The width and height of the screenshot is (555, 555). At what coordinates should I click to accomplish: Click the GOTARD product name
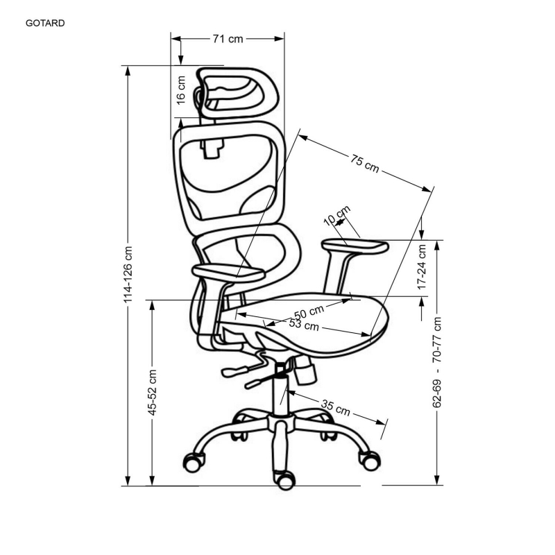[45, 24]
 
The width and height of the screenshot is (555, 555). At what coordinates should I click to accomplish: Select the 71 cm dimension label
[228, 39]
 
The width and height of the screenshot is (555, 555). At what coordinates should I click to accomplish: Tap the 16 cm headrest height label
[181, 90]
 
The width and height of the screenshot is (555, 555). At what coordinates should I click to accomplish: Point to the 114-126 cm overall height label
[128, 275]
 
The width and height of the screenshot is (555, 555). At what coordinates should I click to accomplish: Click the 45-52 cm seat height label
[152, 393]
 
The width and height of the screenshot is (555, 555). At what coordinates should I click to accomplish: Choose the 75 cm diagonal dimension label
[365, 164]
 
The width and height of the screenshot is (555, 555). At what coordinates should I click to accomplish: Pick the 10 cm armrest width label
[337, 215]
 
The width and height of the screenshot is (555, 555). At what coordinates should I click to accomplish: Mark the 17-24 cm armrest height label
[422, 267]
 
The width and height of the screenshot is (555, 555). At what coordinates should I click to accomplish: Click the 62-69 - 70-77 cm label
[437, 362]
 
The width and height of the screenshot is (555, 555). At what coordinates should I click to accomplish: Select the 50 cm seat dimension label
[309, 311]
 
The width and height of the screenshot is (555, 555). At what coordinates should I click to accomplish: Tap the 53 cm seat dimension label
[304, 324]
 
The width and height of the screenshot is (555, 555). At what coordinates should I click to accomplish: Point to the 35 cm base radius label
[336, 407]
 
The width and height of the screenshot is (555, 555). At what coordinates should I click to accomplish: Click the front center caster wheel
[286, 480]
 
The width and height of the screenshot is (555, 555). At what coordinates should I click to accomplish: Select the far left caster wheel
[194, 462]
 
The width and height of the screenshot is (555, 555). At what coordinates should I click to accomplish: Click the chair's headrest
[237, 92]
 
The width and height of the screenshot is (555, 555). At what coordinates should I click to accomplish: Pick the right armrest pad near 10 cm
[355, 247]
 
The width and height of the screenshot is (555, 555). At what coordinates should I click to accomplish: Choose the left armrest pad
[228, 273]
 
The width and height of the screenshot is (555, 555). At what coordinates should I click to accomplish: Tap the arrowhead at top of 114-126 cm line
[128, 71]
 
